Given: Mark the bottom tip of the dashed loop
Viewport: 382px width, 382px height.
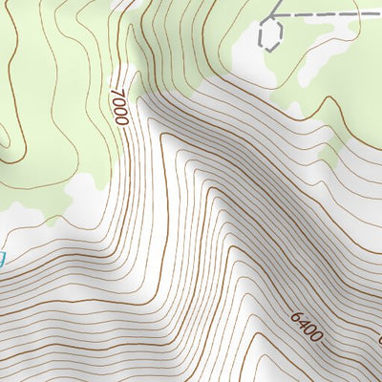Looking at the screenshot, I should (270, 50).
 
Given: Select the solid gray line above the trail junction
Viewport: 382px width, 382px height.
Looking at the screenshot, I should (278, 6).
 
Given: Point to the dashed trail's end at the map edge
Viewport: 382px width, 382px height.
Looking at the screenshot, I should (380, 15).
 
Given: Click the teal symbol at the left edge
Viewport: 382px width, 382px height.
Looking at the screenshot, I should (2, 258).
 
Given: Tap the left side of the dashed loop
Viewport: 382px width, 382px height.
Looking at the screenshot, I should (261, 36).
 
